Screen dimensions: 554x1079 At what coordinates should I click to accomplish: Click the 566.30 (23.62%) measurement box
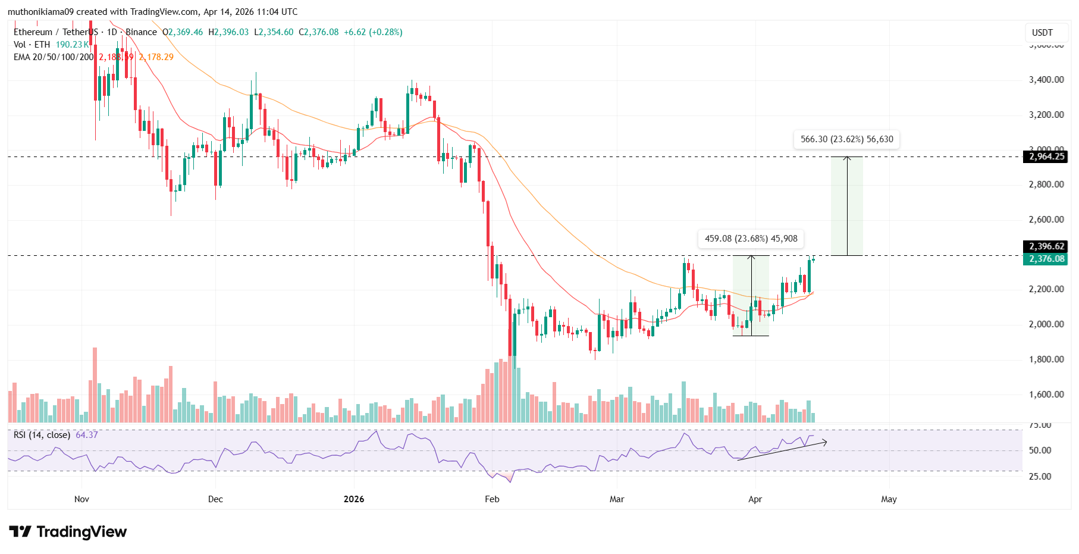pos(846,139)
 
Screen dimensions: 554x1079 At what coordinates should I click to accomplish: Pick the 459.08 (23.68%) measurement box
pos(751,239)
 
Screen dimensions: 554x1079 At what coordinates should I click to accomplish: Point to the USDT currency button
pos(1042,33)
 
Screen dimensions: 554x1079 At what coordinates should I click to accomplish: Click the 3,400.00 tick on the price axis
pos(1046,80)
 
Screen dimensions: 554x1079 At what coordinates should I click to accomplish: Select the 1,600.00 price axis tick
pos(1046,395)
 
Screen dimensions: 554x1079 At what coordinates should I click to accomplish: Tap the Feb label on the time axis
pos(492,499)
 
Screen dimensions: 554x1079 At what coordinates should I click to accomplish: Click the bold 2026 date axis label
pos(354,499)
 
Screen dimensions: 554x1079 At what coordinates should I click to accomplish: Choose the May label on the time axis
pos(889,499)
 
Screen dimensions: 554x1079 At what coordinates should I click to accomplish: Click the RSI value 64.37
pos(87,435)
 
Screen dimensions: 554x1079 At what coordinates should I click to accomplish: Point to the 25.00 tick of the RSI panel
pos(1040,477)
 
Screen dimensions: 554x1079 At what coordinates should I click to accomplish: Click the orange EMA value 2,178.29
pos(156,57)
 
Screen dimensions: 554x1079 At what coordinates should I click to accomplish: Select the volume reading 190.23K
pos(72,45)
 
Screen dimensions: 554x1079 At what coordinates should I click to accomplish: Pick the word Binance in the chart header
pos(141,32)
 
